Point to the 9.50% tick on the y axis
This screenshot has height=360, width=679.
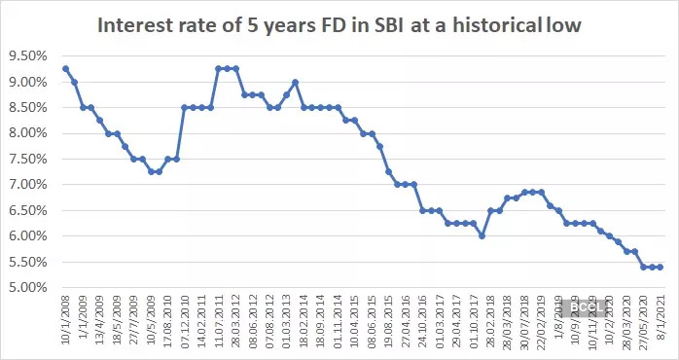point(26,56)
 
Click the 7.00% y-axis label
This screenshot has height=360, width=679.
point(26,185)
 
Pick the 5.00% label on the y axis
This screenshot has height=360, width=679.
point(26,288)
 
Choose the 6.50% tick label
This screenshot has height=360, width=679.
point(26,210)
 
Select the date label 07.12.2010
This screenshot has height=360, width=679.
point(186,324)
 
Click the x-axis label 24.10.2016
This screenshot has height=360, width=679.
point(422,324)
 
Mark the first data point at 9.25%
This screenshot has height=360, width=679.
point(65,69)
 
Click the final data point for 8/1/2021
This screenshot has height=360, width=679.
point(661,268)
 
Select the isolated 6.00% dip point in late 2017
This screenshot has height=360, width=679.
point(482,236)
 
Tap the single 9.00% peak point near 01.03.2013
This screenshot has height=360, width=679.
point(296,82)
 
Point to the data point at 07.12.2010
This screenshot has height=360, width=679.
point(185,107)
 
